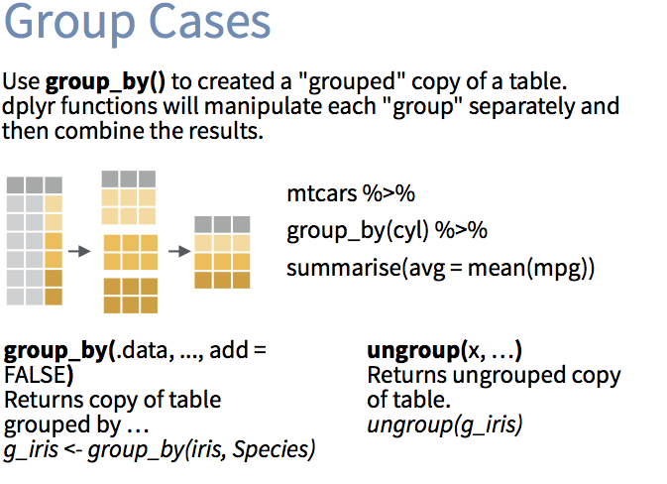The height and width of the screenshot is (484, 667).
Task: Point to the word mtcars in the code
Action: pyautogui.click(x=322, y=193)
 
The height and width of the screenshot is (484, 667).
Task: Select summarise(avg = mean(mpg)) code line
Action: pyautogui.click(x=441, y=269)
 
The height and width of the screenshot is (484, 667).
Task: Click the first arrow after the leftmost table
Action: pyautogui.click(x=79, y=251)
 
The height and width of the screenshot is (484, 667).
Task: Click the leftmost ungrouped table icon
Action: pyautogui.click(x=35, y=241)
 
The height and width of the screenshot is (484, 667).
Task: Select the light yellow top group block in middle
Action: pyautogui.click(x=130, y=197)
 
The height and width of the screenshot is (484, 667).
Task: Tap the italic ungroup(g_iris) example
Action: pyautogui.click(x=445, y=425)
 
